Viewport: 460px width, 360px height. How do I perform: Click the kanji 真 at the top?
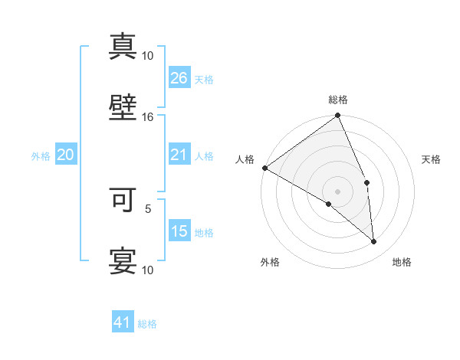pos(123,46)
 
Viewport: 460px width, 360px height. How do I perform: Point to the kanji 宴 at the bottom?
pos(123,260)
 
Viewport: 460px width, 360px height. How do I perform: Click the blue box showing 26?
pos(179,77)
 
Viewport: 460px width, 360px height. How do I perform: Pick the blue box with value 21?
pos(179,155)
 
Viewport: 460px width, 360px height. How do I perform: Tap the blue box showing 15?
pos(179,231)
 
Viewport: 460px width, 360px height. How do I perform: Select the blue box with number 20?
pos(66,155)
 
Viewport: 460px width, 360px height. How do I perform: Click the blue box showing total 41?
pos(123,323)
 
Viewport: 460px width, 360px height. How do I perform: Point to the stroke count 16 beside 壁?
pos(148,117)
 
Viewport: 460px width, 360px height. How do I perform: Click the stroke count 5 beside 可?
pos(148,208)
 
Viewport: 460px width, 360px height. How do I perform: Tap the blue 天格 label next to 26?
pos(204,79)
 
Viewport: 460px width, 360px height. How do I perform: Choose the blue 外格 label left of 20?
pos(41,156)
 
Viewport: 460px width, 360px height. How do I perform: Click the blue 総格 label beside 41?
pos(147,324)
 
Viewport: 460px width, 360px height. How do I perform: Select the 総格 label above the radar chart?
pos(338,100)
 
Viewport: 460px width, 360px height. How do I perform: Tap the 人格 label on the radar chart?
pos(245,159)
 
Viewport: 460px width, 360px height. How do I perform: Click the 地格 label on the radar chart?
pos(402,262)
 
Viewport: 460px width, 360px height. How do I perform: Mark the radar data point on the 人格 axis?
pos(264,168)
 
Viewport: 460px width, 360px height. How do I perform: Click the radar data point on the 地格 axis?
pos(373,241)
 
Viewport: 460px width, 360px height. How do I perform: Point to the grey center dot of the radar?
pos(338,191)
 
